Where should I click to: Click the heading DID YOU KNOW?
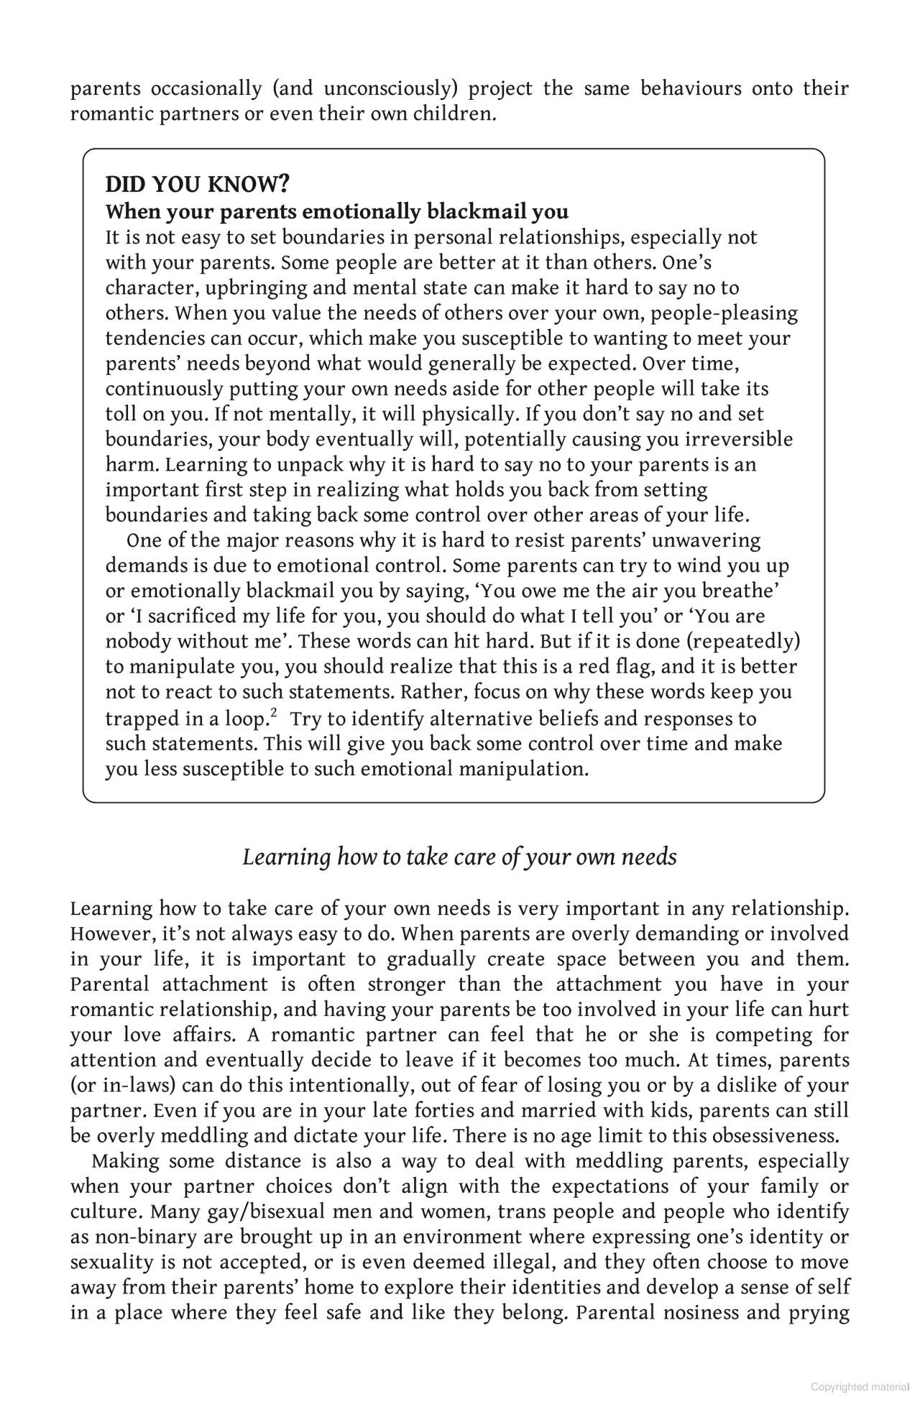tap(197, 185)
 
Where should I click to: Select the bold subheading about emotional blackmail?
tap(336, 212)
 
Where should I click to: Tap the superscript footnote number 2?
tap(274, 713)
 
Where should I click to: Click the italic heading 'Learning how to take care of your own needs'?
tap(459, 857)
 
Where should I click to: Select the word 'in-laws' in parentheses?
tap(122, 1086)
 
